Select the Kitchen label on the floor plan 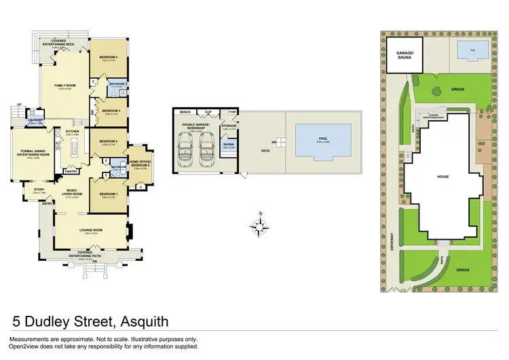[x=73, y=132]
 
